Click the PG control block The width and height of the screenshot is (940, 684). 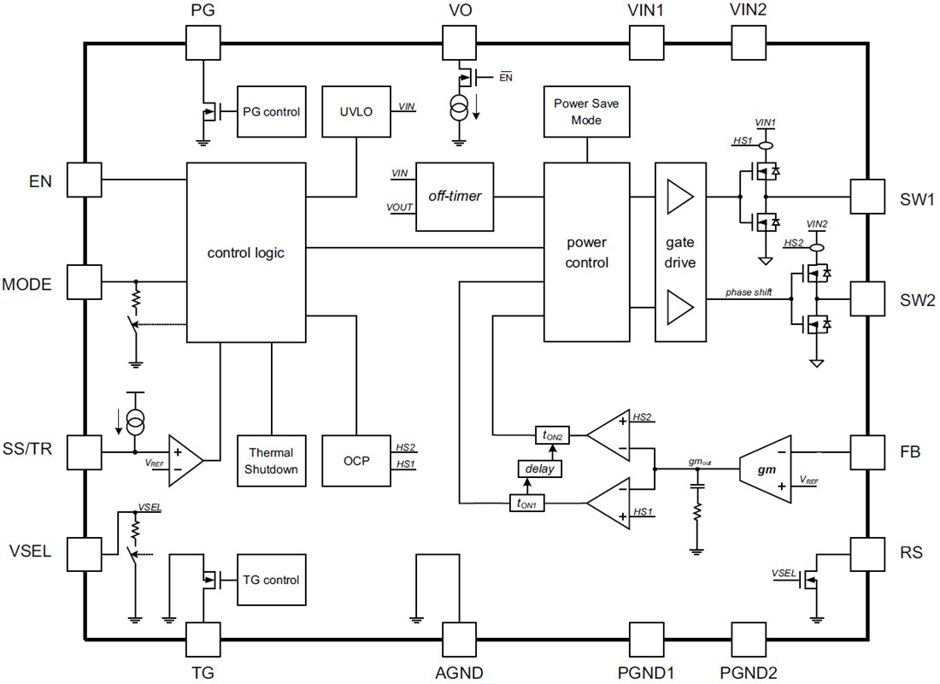point(271,111)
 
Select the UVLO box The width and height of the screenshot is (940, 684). point(355,111)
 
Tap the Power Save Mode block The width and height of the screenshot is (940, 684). point(587,111)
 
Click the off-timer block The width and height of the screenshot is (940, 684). point(455,196)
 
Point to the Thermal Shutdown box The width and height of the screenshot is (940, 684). point(271,460)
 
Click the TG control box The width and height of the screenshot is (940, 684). point(271,580)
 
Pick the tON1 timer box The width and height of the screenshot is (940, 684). point(526,504)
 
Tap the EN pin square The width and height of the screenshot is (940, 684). point(85,180)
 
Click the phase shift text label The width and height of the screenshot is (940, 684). point(749,292)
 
